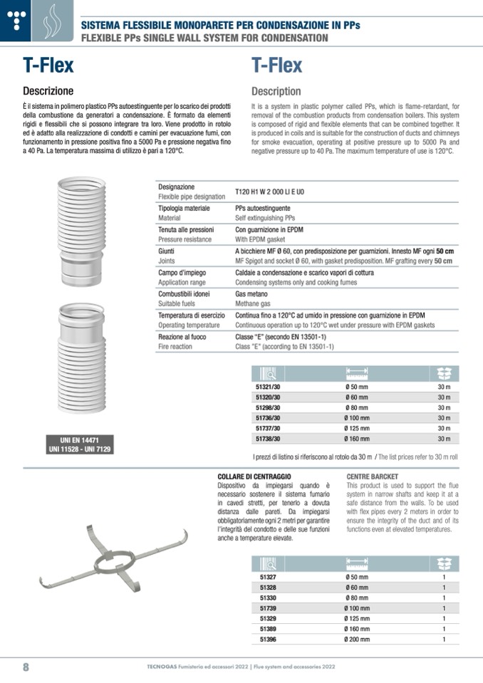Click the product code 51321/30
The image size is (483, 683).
(267, 386)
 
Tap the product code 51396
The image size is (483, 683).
(268, 640)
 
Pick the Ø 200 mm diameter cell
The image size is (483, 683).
(356, 640)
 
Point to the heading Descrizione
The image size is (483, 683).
(48, 91)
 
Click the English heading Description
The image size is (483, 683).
(276, 91)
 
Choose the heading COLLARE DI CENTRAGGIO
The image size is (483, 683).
(254, 476)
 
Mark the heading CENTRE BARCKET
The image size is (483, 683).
(373, 476)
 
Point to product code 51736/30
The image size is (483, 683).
(267, 418)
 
